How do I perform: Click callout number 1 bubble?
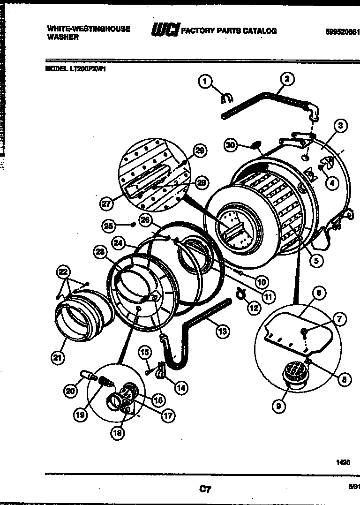coord(204,82)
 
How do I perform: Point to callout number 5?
coord(318,259)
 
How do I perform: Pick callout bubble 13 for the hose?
coord(223,332)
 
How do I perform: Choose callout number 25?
coord(109,226)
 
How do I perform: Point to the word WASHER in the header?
coord(63,38)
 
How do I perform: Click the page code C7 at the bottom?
coord(204,490)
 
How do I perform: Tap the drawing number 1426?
coord(343,462)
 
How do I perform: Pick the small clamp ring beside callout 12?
coord(243,294)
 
